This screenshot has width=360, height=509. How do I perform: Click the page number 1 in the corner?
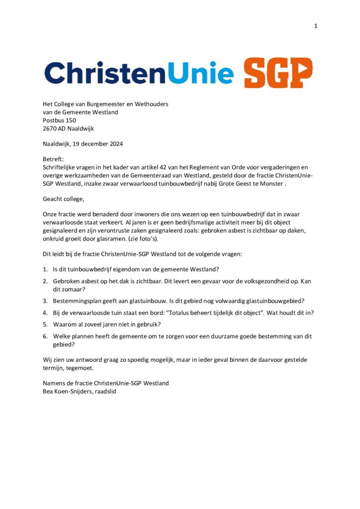point(316,26)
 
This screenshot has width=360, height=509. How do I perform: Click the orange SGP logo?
point(278,73)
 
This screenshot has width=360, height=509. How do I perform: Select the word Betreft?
point(53,160)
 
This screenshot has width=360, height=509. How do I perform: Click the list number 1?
point(45,269)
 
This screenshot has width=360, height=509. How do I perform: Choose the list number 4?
point(45,313)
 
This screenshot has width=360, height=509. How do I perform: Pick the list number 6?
point(45,336)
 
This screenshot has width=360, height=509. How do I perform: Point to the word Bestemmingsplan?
point(77,301)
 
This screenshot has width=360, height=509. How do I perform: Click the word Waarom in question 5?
point(65,325)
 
